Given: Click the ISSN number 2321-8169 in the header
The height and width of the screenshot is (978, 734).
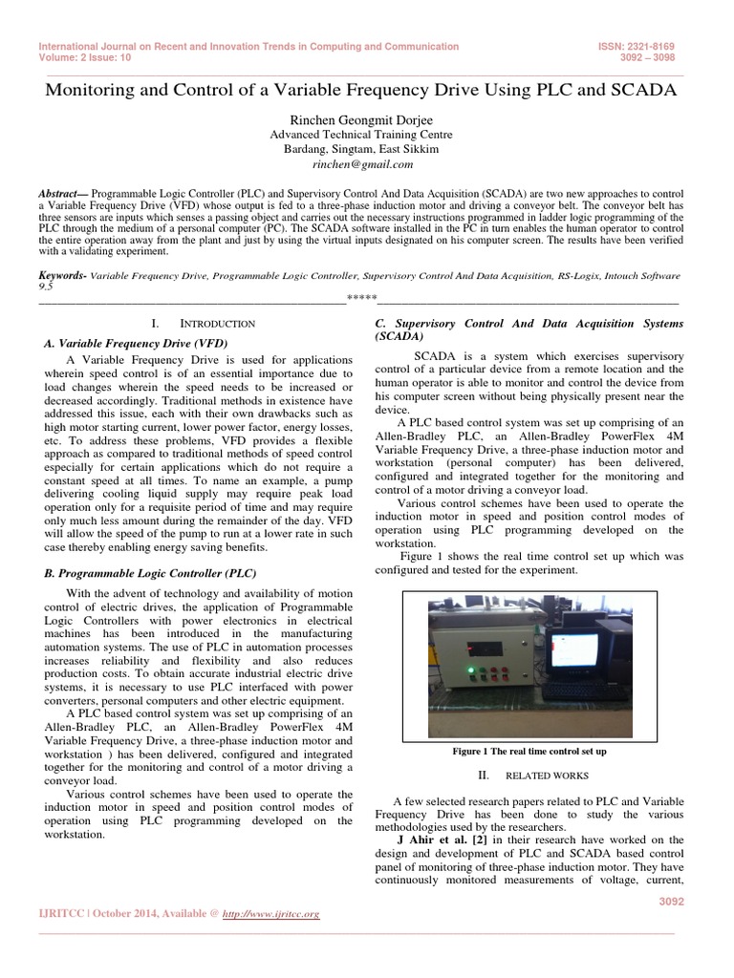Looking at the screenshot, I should pyautogui.click(x=648, y=46).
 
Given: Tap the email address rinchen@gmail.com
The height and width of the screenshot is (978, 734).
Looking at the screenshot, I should pyautogui.click(x=366, y=164).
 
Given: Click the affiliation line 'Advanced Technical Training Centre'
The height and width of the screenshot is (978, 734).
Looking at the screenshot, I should pyautogui.click(x=366, y=135).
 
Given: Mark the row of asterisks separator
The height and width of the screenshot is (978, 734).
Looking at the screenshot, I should pyautogui.click(x=361, y=299).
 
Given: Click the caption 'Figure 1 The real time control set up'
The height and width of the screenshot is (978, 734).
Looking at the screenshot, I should pyautogui.click(x=529, y=752).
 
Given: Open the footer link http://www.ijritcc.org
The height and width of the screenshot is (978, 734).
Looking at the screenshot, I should pyautogui.click(x=271, y=914).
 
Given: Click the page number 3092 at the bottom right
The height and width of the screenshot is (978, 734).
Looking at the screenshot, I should pyautogui.click(x=659, y=900).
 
